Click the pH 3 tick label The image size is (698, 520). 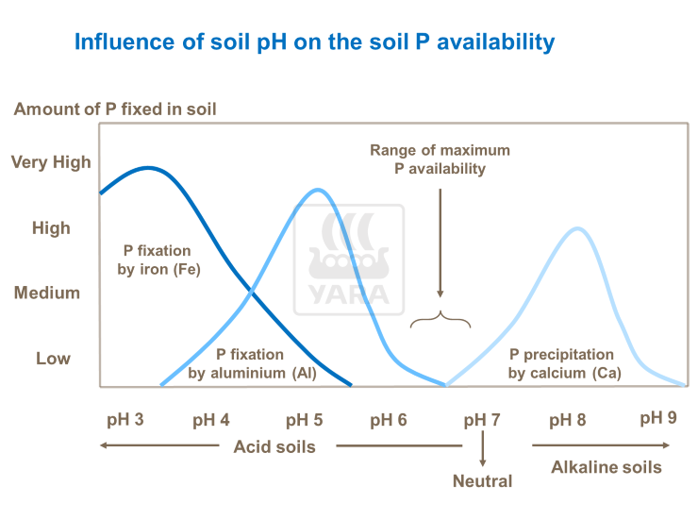point(126,418)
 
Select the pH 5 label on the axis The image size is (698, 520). point(305,419)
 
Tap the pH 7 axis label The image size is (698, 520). point(482,419)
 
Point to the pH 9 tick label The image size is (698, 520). point(658,417)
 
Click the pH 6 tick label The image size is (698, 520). point(388,419)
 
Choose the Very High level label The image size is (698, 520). point(51,162)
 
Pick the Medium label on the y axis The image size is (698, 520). point(47,293)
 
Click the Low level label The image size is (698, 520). point(53,359)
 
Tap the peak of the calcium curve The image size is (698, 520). point(575,228)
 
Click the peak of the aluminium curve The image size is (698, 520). point(318,190)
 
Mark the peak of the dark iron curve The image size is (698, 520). point(148,168)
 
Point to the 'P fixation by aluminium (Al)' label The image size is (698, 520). point(250,364)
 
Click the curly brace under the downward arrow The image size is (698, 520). point(440,320)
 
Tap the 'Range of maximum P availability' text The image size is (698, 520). point(440,159)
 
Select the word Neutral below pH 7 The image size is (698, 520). point(482,481)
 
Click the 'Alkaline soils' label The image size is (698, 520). point(607,467)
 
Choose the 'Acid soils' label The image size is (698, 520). point(274,445)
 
